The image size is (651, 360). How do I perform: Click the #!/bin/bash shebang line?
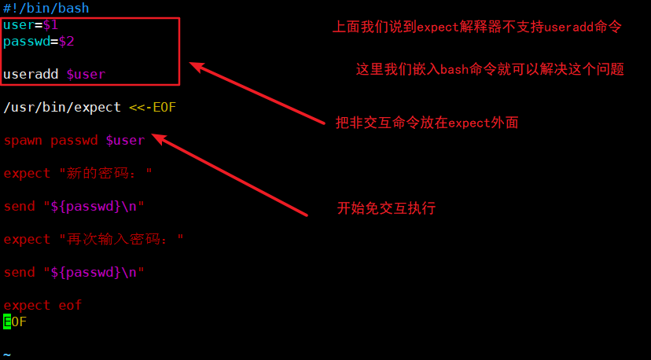[x=46, y=9]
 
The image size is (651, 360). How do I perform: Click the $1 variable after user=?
[x=50, y=25]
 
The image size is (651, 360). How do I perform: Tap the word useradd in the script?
[x=31, y=75]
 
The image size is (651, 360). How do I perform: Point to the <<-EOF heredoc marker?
[x=153, y=107]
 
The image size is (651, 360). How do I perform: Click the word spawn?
[x=23, y=141]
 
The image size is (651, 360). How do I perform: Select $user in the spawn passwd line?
[x=125, y=141]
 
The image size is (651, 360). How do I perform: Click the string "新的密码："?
[x=101, y=174]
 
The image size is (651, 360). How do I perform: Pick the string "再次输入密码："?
[x=117, y=239]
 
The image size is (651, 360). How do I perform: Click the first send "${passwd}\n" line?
[x=74, y=207]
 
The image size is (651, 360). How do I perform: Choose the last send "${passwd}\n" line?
[x=74, y=273]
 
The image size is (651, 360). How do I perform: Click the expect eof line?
[x=42, y=306]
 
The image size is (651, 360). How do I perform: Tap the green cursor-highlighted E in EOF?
[x=7, y=321]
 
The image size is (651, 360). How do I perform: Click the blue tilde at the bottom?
[x=7, y=354]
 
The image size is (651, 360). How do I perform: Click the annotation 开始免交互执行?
[x=386, y=208]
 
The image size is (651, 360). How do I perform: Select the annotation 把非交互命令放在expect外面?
[x=427, y=123]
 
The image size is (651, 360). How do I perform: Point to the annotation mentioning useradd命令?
[x=477, y=27]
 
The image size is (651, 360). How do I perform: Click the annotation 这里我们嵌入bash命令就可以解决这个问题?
[x=490, y=69]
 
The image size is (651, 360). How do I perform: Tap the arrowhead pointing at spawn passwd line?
[x=157, y=138]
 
